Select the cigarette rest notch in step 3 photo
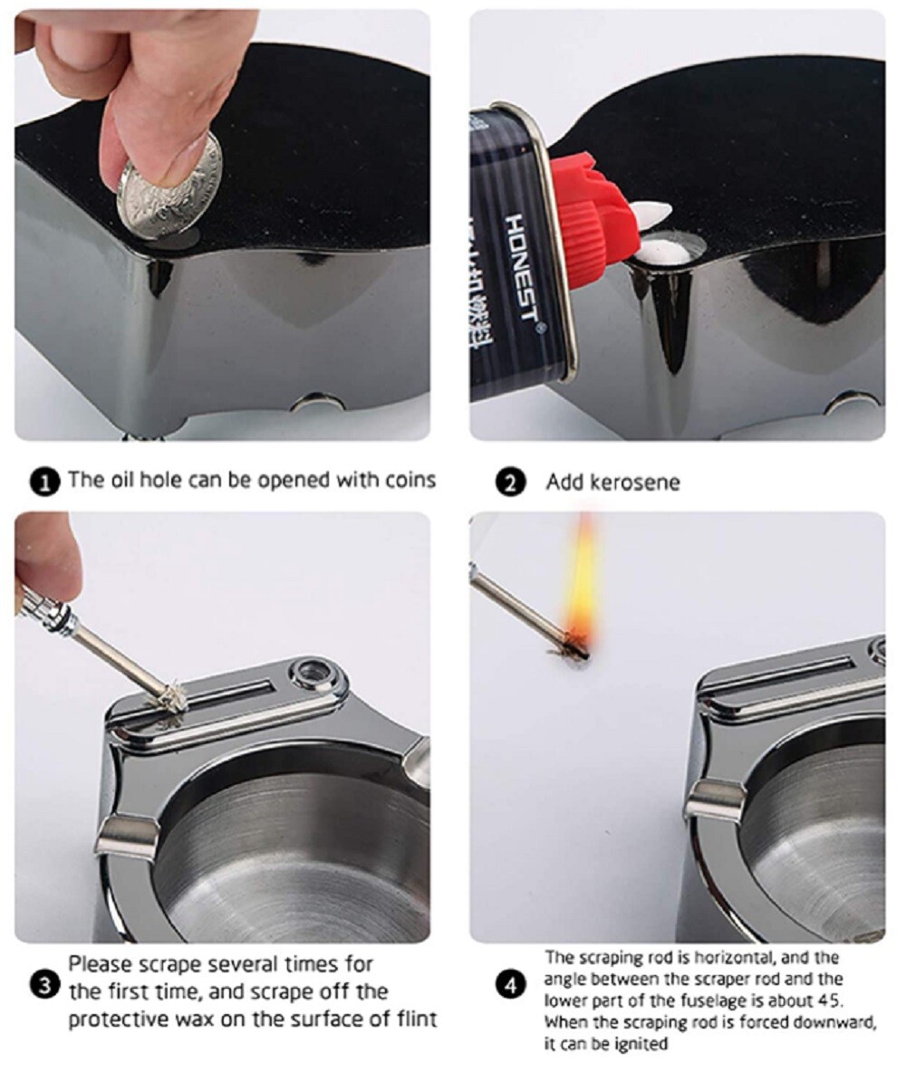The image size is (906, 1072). [122, 828]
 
